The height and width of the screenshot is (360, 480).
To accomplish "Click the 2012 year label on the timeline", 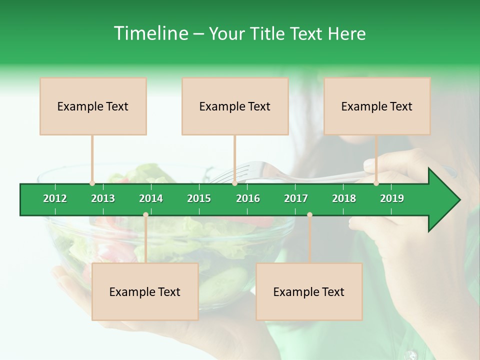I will click(x=55, y=198).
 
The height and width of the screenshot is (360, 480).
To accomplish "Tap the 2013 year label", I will click(x=103, y=198).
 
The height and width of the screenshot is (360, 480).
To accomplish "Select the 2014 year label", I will click(x=151, y=198).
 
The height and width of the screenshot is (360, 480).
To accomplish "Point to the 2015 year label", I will click(x=199, y=198).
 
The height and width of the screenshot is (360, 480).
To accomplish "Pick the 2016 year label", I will click(x=248, y=198).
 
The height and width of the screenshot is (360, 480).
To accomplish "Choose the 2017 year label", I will click(x=296, y=198).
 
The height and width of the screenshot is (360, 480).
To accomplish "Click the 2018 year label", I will click(x=344, y=198).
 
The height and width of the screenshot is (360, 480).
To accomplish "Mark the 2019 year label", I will click(x=392, y=198).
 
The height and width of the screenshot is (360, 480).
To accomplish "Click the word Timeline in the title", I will click(x=150, y=33).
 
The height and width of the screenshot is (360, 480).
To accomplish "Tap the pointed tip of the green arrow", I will click(x=458, y=200).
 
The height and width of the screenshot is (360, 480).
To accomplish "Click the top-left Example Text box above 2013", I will click(x=93, y=106).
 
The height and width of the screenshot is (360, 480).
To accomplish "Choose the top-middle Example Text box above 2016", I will click(x=235, y=106).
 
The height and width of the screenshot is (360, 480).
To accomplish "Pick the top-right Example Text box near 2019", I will click(x=377, y=106).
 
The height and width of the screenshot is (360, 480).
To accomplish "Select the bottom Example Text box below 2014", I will click(x=145, y=291).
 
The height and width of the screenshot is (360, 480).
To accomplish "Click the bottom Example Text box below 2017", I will click(x=309, y=291).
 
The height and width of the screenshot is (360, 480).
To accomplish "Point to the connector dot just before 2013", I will click(x=92, y=183).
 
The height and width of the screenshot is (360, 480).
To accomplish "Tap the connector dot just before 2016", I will click(x=234, y=183).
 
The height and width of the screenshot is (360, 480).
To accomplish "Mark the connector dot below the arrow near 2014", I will click(x=145, y=215).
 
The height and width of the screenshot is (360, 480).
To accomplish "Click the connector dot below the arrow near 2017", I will click(x=309, y=215).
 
